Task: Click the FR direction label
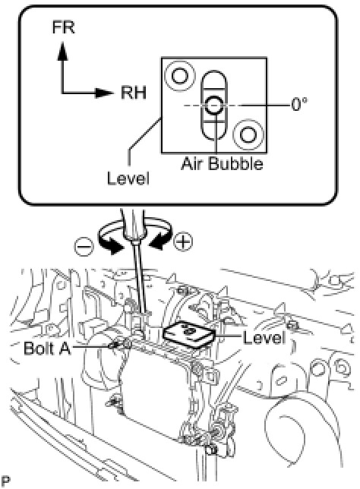click(x=63, y=27)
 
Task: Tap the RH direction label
click(x=134, y=93)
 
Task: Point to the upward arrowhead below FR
click(x=63, y=51)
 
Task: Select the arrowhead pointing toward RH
click(x=104, y=93)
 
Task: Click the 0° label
click(x=299, y=105)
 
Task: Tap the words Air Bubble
click(x=222, y=163)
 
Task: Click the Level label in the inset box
click(x=128, y=178)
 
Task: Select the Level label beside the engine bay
click(x=264, y=338)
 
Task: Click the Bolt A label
click(x=47, y=348)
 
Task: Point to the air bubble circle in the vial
click(x=213, y=105)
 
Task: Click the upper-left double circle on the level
click(x=180, y=76)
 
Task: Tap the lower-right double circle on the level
click(x=248, y=134)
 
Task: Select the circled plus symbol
click(x=183, y=241)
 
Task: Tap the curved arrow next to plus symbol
click(x=159, y=236)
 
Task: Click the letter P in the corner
click(x=5, y=481)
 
